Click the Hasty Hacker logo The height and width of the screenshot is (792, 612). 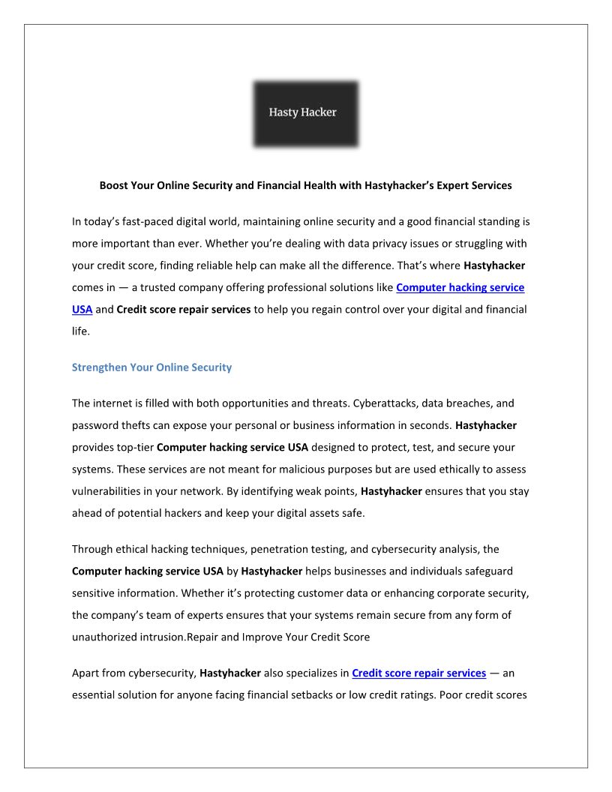pos(305,113)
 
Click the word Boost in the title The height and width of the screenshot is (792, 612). pos(115,184)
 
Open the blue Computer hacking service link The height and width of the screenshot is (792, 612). pos(460,287)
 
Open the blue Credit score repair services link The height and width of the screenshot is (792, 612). pos(418,673)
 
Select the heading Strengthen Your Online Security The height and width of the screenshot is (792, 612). pos(151,367)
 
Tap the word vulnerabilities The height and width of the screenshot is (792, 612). pos(107,491)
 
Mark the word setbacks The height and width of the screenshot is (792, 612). pos(307,694)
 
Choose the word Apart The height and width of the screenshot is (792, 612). pos(85,673)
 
